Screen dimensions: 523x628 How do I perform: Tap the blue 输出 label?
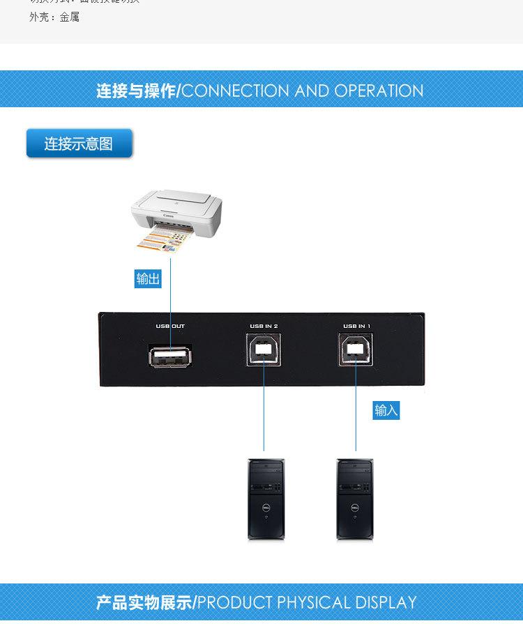click(x=148, y=279)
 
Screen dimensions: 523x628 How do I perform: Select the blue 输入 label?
click(x=386, y=410)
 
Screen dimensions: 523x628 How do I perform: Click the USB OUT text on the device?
click(x=170, y=326)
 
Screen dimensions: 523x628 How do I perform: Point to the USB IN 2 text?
click(x=264, y=326)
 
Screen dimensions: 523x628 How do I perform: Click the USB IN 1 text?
click(x=356, y=326)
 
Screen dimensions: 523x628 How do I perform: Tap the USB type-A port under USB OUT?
click(x=170, y=356)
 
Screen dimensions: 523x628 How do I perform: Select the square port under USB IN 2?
click(x=264, y=350)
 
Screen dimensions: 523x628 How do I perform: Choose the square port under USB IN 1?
click(x=356, y=350)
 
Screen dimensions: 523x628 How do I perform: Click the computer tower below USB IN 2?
click(x=266, y=499)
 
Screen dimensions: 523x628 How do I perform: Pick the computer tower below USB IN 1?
click(x=355, y=499)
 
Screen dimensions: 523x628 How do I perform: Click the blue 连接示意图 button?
click(x=79, y=143)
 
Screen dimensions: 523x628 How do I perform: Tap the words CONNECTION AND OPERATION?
click(x=302, y=91)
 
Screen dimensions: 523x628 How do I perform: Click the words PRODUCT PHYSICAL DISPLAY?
click(x=307, y=602)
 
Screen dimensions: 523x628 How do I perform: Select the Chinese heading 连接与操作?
click(x=137, y=91)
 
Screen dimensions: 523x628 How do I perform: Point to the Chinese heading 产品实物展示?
click(x=144, y=602)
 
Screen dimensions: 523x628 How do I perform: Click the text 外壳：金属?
click(x=54, y=17)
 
